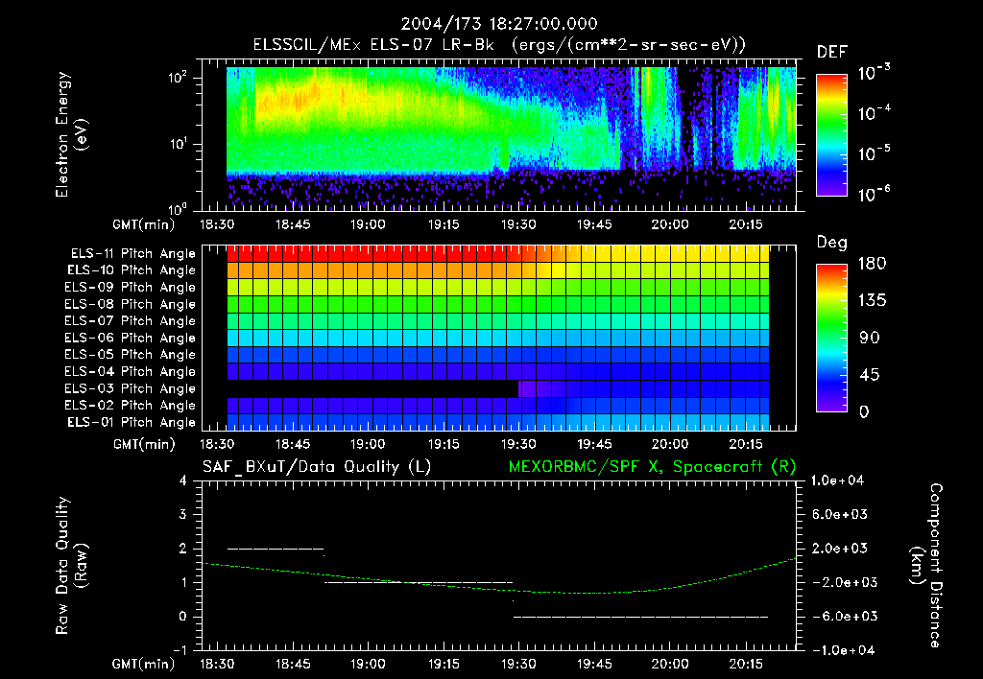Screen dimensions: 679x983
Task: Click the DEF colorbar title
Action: point(830,53)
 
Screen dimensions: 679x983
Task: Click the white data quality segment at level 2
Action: point(276,549)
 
